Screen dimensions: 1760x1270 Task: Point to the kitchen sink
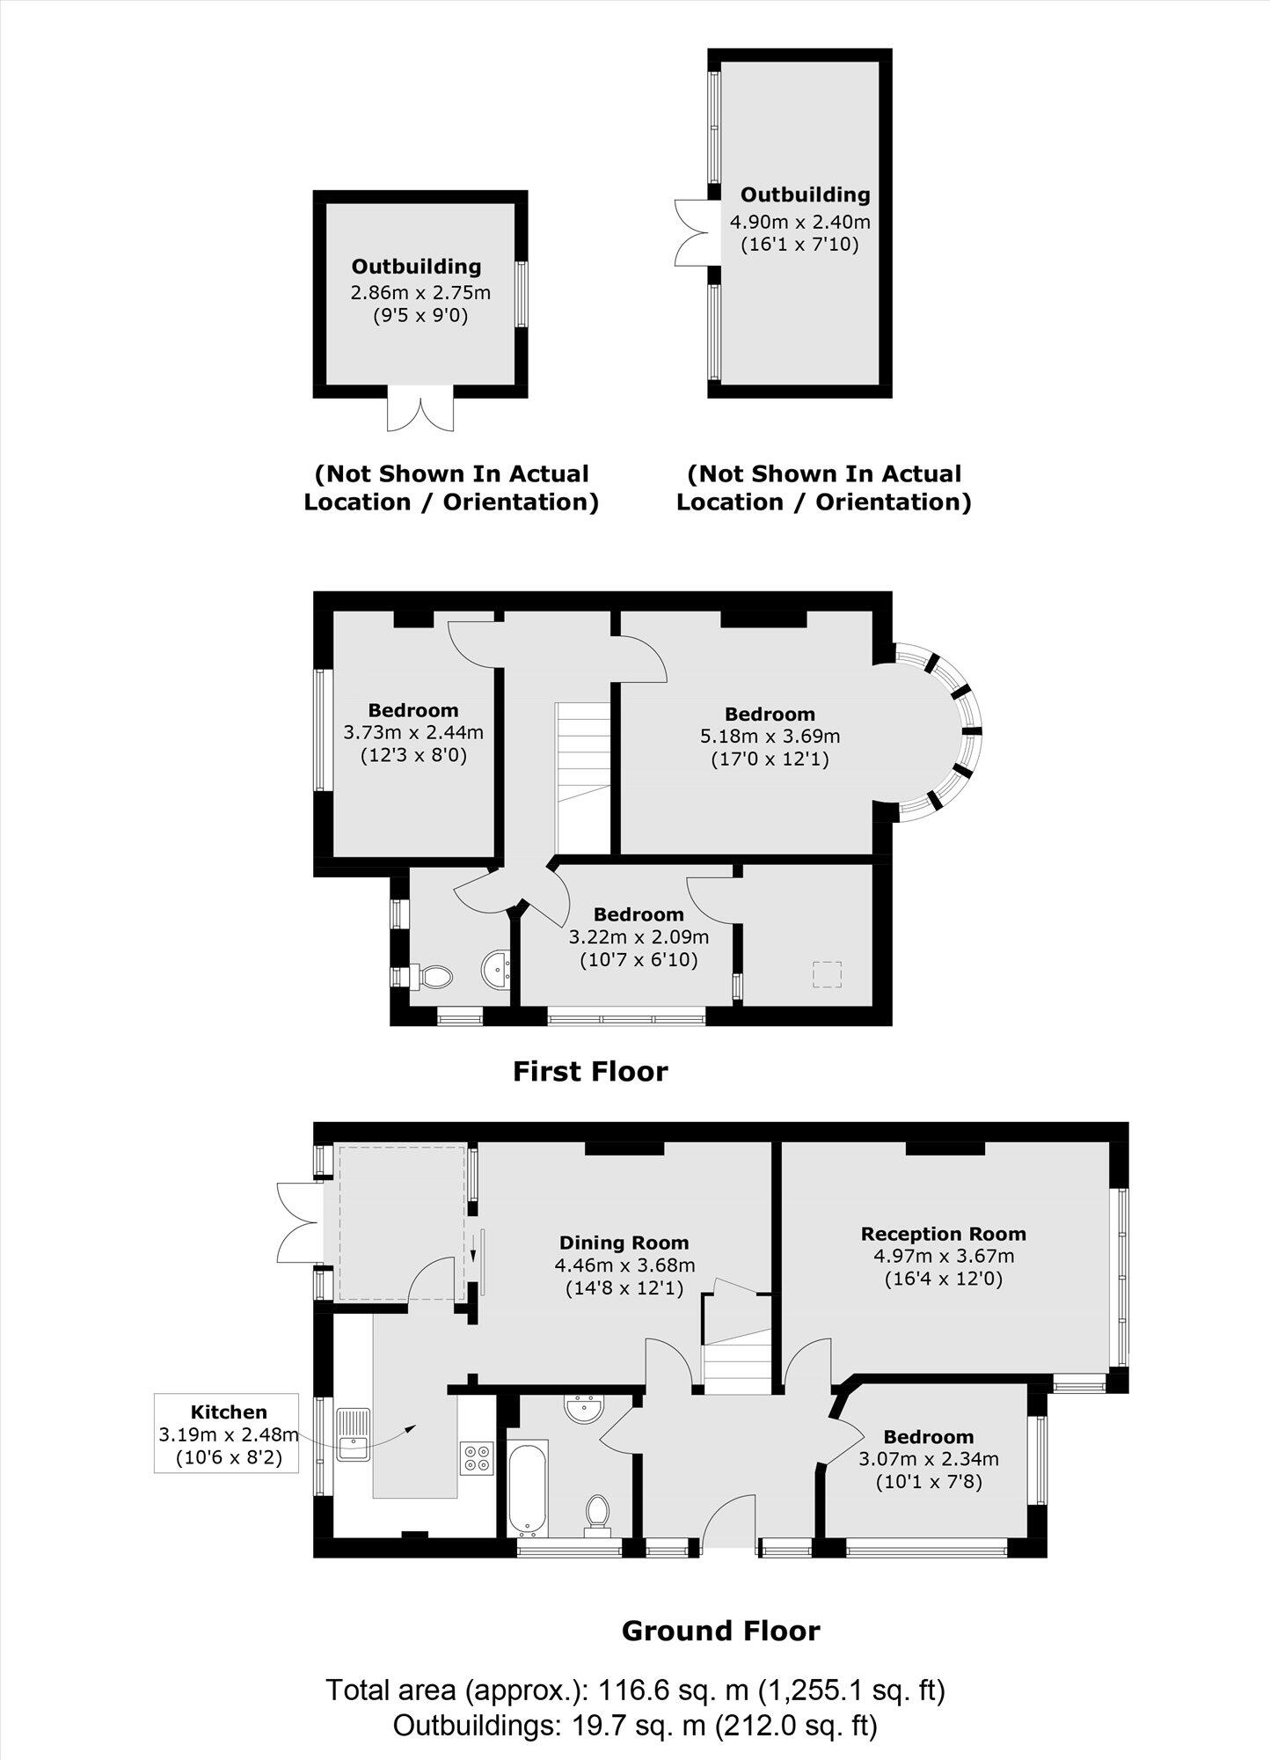[x=354, y=1434]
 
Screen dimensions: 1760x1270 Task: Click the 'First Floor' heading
[x=590, y=1072]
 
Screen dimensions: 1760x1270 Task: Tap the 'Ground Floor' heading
[x=720, y=1631]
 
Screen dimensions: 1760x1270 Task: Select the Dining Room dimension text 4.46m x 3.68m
[x=624, y=1265]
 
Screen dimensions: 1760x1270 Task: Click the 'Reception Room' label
[x=943, y=1234]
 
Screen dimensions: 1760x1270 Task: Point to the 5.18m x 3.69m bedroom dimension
[x=770, y=736]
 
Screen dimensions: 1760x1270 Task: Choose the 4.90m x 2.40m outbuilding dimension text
[x=799, y=222]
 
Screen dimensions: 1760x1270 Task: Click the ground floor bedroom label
[x=929, y=1437]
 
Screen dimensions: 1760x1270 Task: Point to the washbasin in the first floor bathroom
[x=497, y=970]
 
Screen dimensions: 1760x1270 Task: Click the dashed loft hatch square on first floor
[x=827, y=975]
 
